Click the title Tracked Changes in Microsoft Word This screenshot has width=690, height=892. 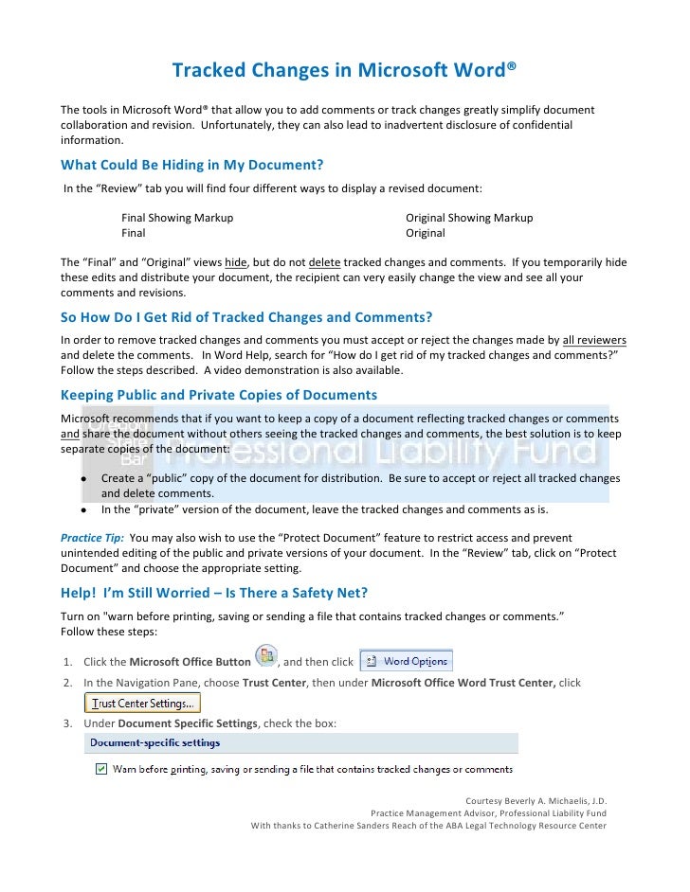click(x=344, y=71)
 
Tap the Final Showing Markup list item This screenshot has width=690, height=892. click(x=177, y=218)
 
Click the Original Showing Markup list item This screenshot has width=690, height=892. click(x=469, y=218)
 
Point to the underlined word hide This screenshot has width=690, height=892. click(x=236, y=262)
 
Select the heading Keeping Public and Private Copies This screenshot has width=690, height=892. click(x=219, y=394)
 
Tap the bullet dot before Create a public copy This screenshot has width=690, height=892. click(x=83, y=479)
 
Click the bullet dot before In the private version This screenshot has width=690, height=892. click(x=83, y=508)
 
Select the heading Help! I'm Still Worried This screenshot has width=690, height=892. click(x=214, y=593)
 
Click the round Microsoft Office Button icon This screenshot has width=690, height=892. click(x=266, y=658)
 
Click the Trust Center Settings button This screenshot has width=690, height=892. click(x=143, y=703)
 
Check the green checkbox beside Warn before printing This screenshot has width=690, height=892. click(x=101, y=769)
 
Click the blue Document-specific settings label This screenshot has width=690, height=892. click(x=155, y=742)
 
